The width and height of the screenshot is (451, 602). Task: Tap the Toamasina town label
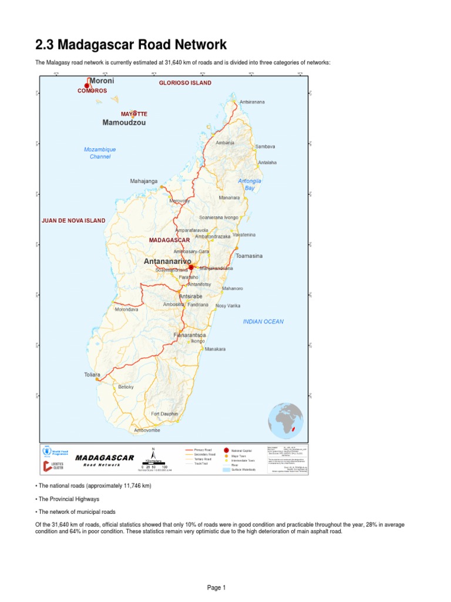point(249,256)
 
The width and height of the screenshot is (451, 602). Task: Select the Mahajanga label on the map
point(144,181)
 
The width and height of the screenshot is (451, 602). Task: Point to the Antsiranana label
point(252,102)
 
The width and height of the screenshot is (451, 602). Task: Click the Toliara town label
point(92,374)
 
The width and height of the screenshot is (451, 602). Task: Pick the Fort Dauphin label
point(164,414)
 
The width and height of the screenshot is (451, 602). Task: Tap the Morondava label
point(127,309)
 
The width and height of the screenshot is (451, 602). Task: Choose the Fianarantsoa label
point(189,335)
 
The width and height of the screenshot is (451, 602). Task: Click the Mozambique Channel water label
point(100,153)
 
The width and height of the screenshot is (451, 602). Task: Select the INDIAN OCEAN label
point(263,322)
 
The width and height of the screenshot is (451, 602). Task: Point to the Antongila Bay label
point(250,185)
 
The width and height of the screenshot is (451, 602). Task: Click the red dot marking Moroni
point(87,86)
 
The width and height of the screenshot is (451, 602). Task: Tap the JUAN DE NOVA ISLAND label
point(73,220)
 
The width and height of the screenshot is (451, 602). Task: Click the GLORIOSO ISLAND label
point(185,83)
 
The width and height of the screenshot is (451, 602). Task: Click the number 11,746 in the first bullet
point(124,486)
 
